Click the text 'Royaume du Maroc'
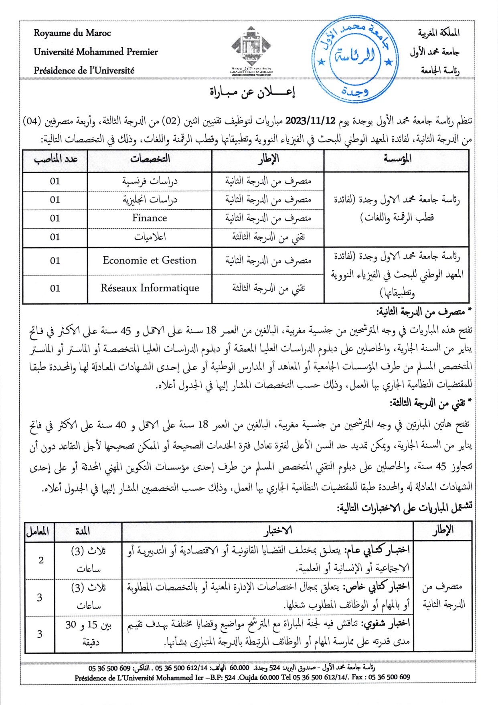click(72, 33)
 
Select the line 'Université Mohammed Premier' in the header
click(95, 52)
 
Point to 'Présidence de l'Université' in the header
click(84, 71)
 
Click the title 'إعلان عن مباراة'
click(252, 92)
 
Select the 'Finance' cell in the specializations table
click(150, 218)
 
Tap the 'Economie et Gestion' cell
click(150, 261)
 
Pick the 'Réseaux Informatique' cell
click(150, 288)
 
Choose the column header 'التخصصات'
click(150, 159)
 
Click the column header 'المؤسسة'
click(397, 159)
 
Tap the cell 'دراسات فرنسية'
click(150, 181)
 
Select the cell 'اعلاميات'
click(150, 237)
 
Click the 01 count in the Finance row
click(55, 219)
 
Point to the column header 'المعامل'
click(38, 532)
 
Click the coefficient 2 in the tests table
click(41, 560)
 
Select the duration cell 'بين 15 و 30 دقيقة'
click(88, 634)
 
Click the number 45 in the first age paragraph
click(126, 331)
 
